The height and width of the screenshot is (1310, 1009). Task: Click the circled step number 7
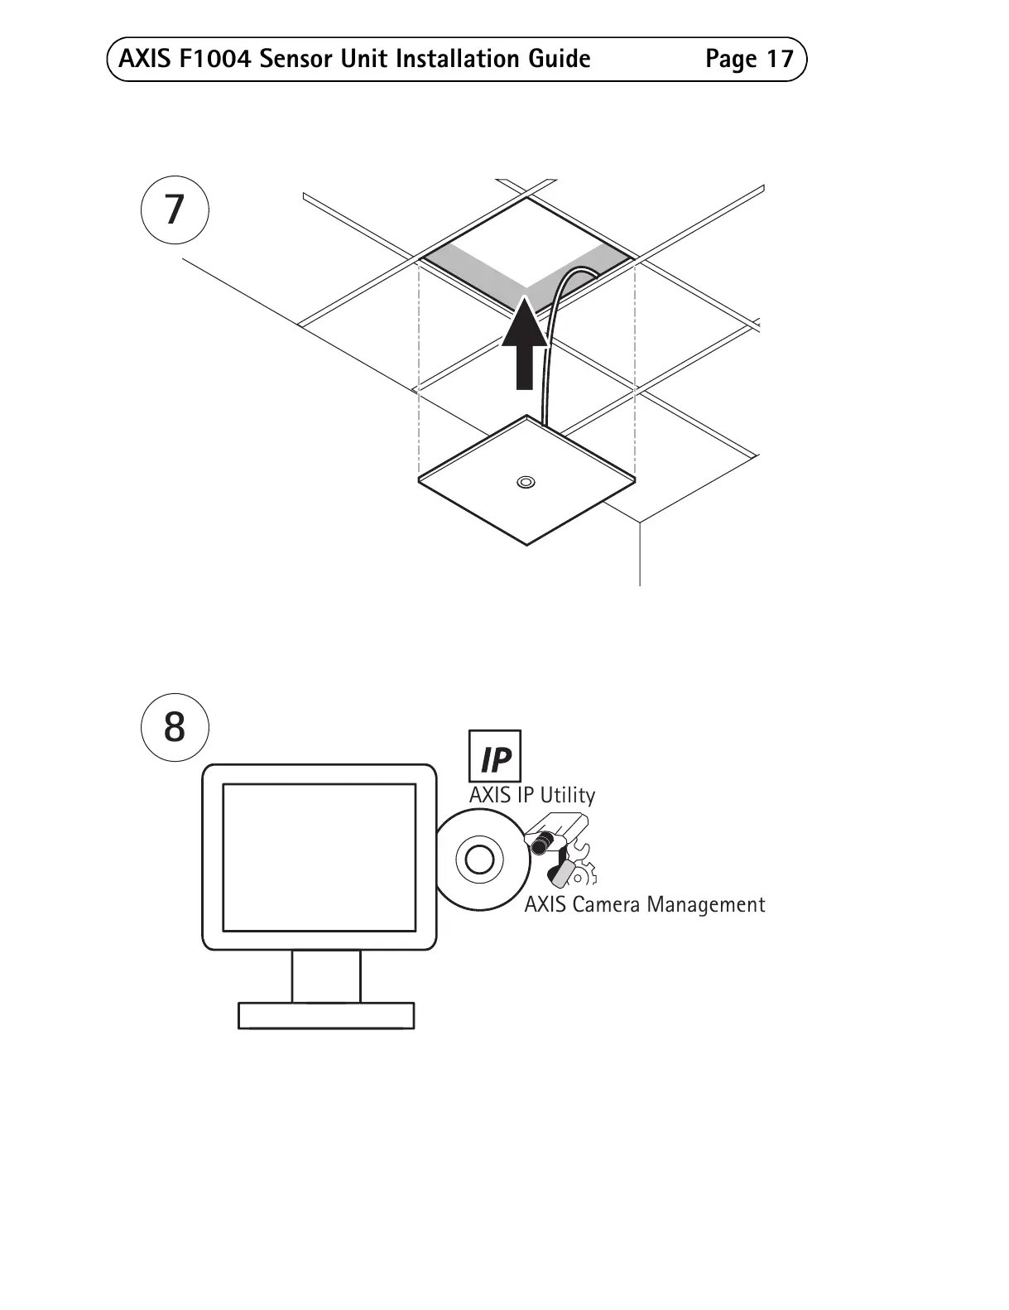coord(174,210)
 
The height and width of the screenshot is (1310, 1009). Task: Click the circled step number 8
coord(174,727)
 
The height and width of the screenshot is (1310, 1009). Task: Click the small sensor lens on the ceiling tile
coord(526,482)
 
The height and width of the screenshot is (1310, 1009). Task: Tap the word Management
coord(705,904)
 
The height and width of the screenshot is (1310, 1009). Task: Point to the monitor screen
coord(320,856)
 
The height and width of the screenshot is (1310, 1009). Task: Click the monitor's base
coord(326,1015)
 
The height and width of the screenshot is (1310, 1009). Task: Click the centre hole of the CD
coord(479,860)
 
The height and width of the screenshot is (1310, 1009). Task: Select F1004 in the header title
coord(209,60)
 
